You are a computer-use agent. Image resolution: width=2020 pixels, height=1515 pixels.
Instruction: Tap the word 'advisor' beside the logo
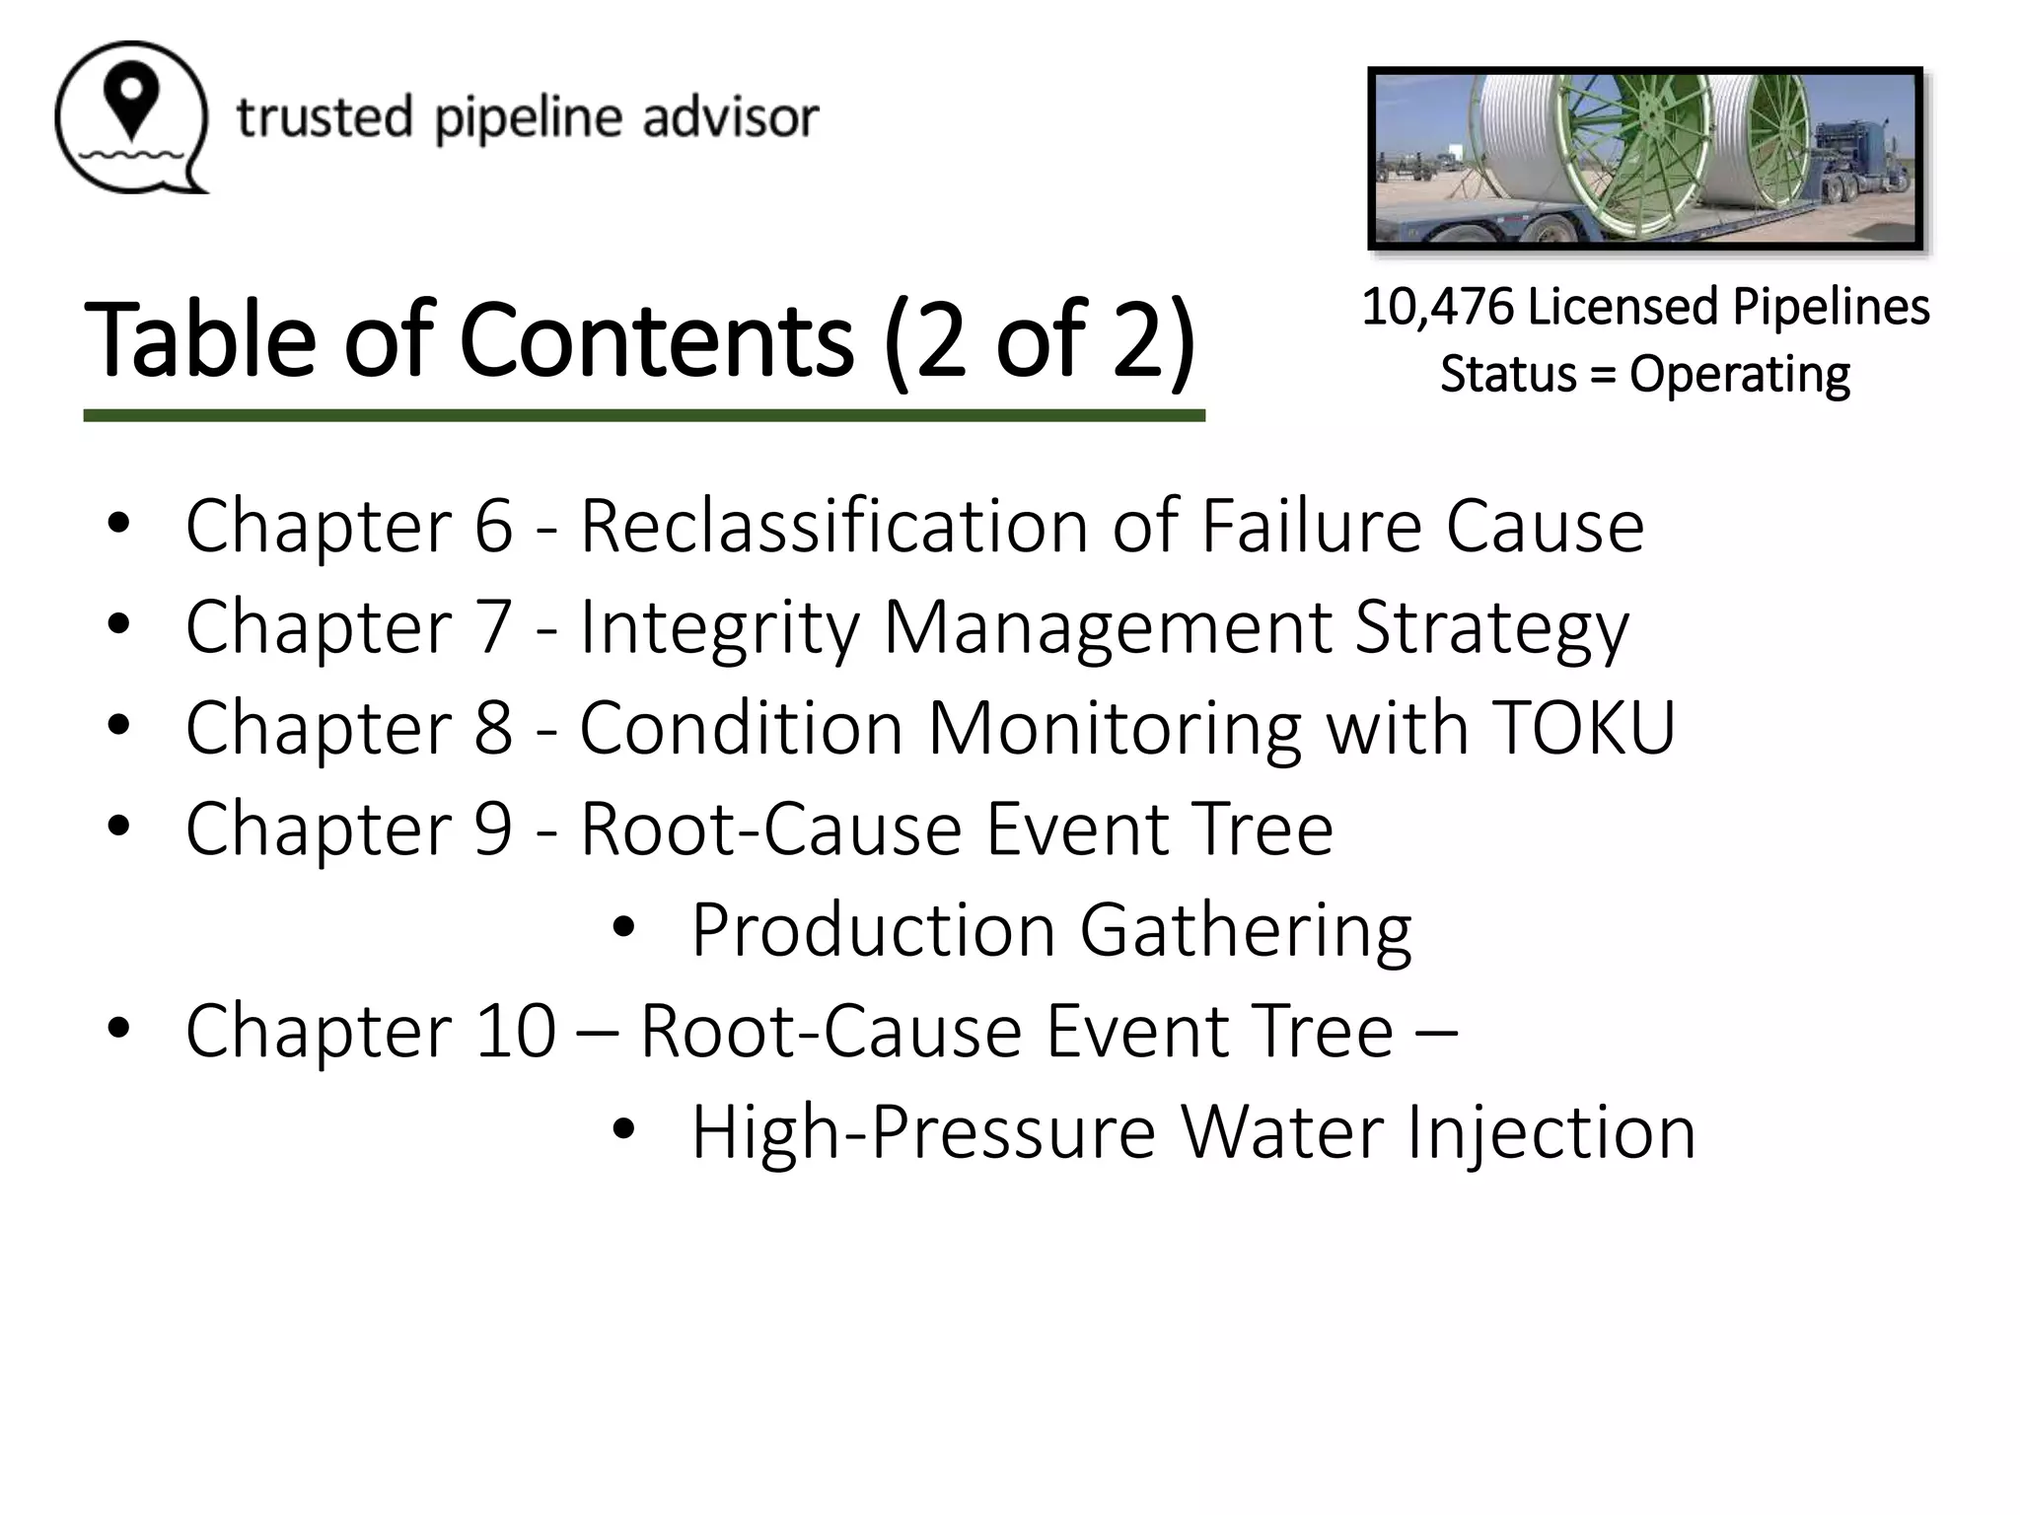[731, 117]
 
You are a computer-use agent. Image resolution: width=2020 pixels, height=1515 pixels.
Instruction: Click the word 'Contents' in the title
[656, 340]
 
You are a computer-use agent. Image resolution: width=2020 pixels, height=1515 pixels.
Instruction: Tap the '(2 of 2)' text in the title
[1040, 340]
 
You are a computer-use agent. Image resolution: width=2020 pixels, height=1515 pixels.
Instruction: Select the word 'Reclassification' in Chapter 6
[834, 526]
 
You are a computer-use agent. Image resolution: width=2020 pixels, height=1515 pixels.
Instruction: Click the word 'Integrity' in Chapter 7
[719, 627]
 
